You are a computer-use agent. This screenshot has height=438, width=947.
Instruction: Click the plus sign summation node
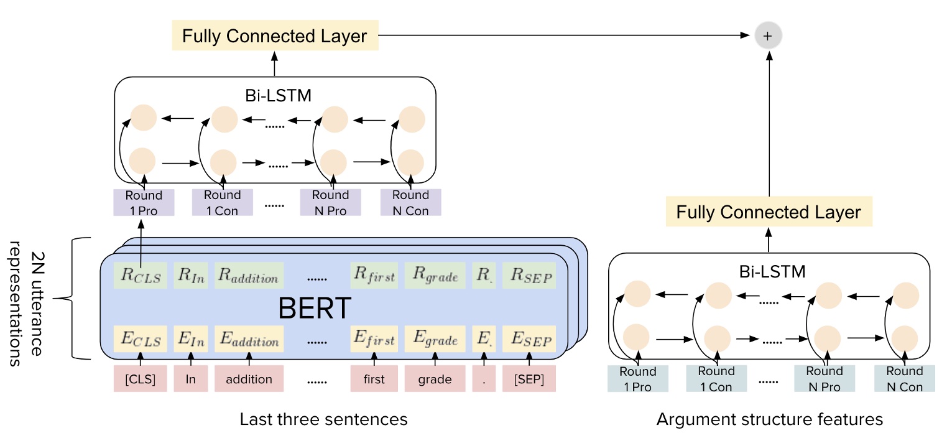[x=767, y=36]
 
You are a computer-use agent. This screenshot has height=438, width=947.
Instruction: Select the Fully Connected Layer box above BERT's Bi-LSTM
[x=274, y=36]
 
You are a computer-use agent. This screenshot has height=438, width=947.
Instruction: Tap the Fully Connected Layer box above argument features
[x=769, y=212]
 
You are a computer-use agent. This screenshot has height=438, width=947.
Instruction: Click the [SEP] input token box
[x=529, y=379]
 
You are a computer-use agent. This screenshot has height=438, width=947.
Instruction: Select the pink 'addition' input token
[x=249, y=379]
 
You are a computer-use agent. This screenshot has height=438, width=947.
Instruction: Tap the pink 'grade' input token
[x=435, y=379]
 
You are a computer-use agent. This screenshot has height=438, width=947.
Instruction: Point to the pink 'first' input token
[x=374, y=379]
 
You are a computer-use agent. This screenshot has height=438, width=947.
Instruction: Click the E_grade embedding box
[x=435, y=340]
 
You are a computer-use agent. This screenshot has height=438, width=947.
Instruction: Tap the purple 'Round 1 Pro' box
[x=144, y=203]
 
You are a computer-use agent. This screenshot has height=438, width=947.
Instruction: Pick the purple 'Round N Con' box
[x=410, y=203]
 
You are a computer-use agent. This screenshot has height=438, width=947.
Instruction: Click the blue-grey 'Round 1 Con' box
[x=716, y=379]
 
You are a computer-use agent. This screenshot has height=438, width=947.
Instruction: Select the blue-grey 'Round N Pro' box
[x=824, y=379]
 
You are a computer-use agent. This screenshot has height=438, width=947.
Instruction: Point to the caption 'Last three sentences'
[x=323, y=419]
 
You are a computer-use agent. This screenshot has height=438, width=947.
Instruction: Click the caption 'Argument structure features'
[x=769, y=419]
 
